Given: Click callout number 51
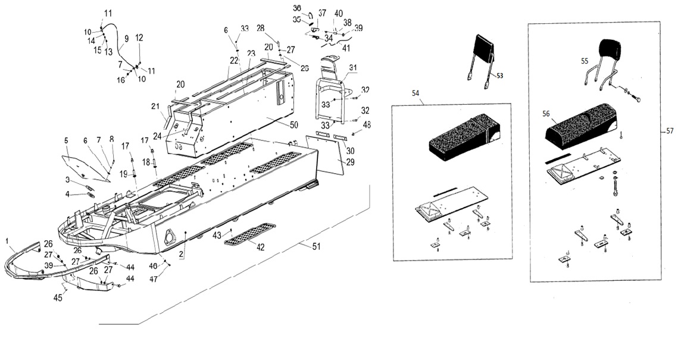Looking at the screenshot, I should click(x=316, y=246).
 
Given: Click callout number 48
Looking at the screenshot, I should click(x=366, y=125).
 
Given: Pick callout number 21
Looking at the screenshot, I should click(x=155, y=107).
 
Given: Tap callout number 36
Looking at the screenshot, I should click(x=297, y=8).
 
